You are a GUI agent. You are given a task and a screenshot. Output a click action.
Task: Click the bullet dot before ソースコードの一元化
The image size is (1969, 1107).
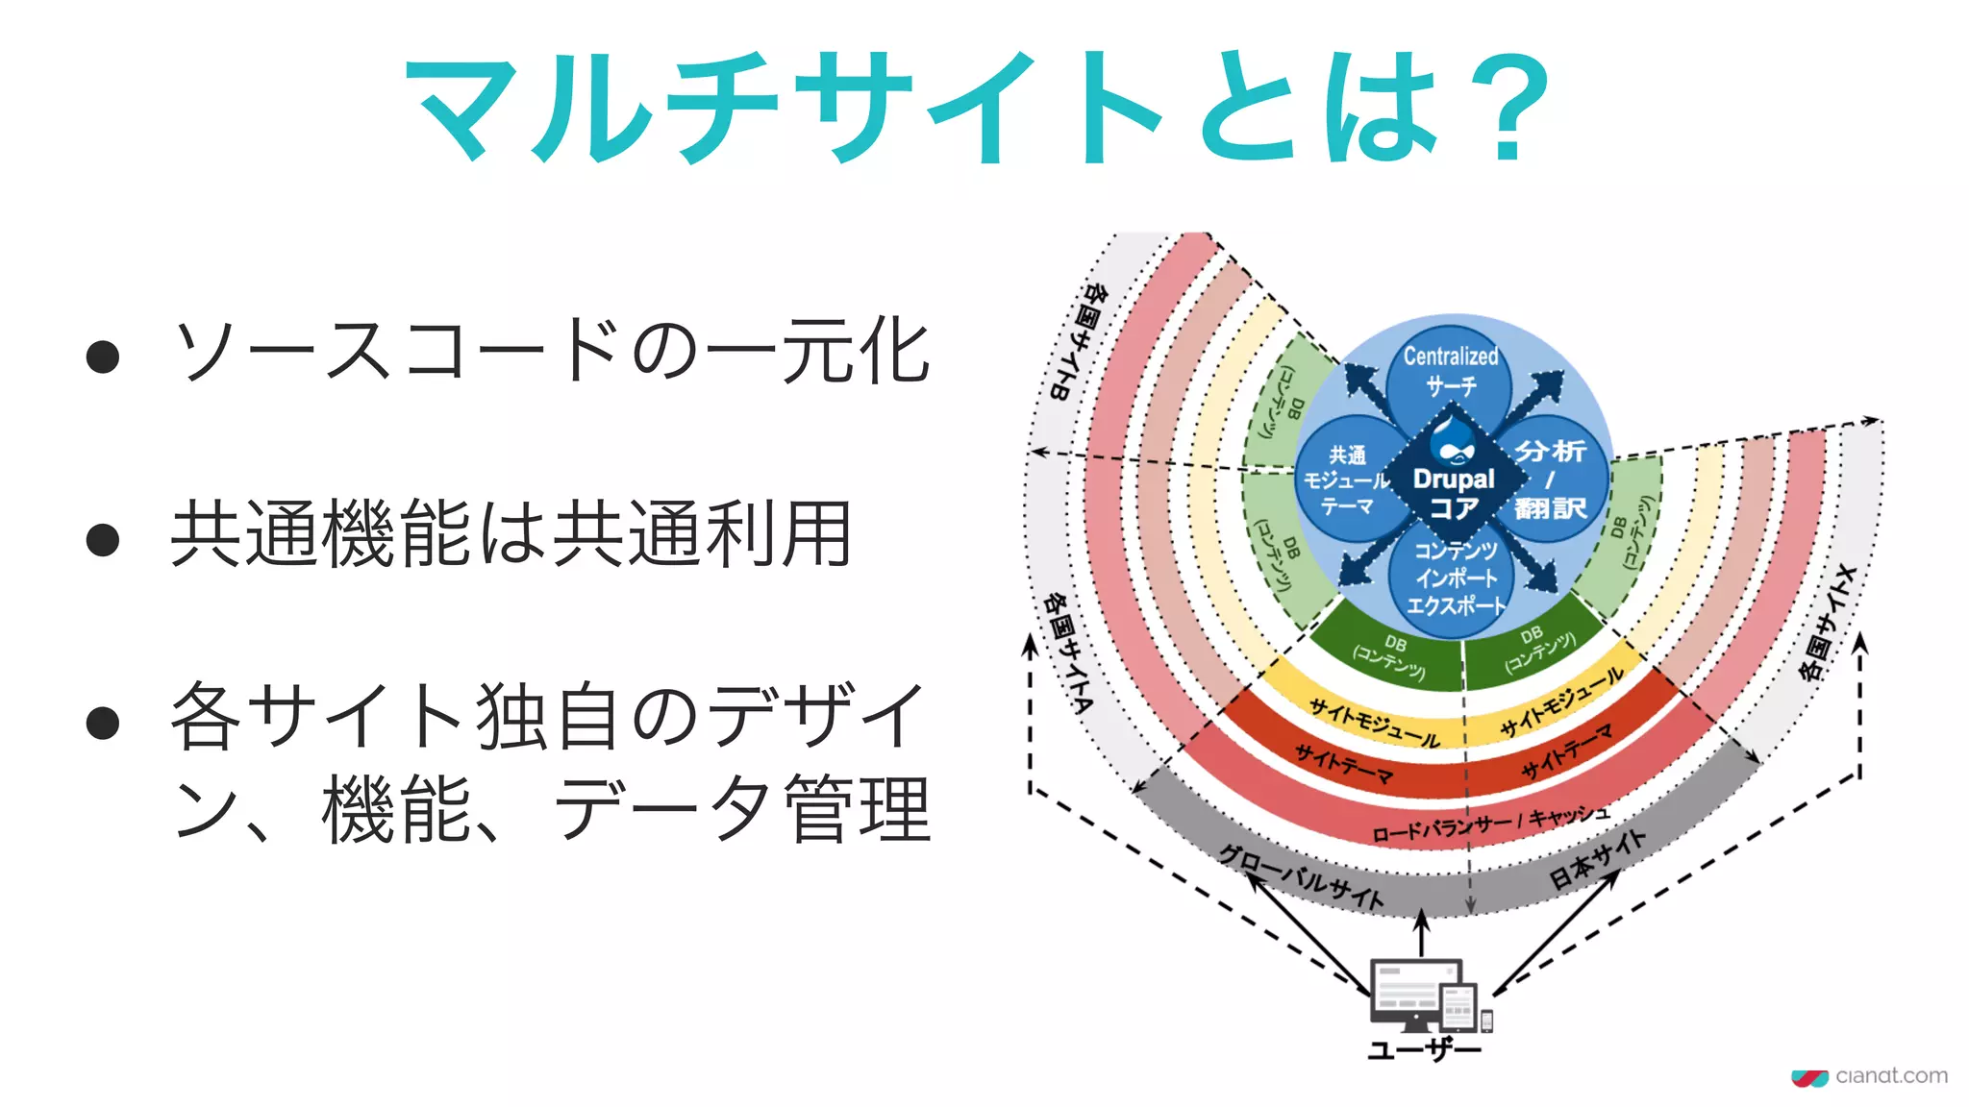[103, 357]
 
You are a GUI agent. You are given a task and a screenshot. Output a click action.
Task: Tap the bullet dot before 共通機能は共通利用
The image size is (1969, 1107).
[103, 539]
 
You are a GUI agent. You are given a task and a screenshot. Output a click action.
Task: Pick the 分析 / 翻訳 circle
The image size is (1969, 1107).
[1550, 479]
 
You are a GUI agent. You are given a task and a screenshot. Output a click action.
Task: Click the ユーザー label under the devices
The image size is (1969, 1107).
[1425, 1048]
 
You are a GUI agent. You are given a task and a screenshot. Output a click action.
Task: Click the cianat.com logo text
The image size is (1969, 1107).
[1891, 1075]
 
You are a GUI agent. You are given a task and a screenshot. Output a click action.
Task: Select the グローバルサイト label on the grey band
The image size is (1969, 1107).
[1303, 875]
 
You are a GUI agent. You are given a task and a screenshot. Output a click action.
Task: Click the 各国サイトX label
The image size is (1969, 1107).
[1828, 624]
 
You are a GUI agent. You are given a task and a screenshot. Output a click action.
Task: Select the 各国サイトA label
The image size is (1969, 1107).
[1067, 652]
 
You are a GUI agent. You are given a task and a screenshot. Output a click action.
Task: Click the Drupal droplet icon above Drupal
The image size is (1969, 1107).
[1453, 443]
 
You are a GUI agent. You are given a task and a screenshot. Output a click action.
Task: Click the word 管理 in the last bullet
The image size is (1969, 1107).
[858, 808]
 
